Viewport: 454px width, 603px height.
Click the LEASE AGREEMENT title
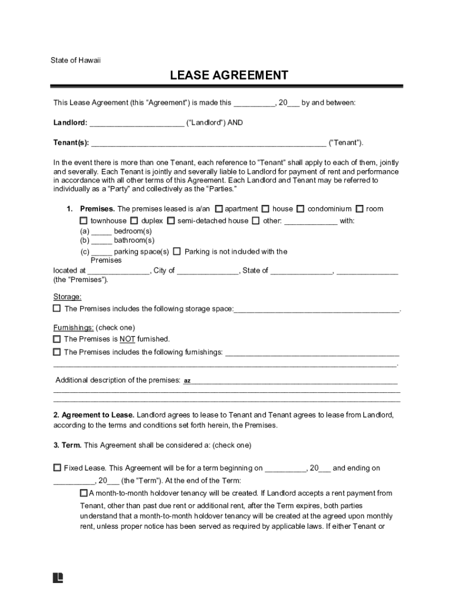click(x=229, y=75)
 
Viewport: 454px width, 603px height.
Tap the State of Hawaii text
click(x=75, y=60)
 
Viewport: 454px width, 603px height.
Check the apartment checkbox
click(x=219, y=208)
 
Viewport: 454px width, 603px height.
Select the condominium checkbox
click(x=301, y=208)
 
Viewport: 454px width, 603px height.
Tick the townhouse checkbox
click(x=84, y=221)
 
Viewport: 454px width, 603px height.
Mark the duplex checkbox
click(x=134, y=221)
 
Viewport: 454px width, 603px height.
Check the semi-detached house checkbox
click(x=171, y=221)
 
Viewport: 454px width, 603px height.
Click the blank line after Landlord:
click(x=137, y=123)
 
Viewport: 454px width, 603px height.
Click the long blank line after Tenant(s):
click(x=208, y=143)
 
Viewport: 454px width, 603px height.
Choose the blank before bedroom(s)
click(x=101, y=231)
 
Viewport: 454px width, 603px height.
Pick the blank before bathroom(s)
click(x=101, y=240)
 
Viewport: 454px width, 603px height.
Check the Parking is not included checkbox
click(x=177, y=251)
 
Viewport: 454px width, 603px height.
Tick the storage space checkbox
click(x=57, y=308)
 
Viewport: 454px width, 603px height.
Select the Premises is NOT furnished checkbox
click(x=57, y=339)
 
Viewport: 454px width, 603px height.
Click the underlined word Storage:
click(x=67, y=297)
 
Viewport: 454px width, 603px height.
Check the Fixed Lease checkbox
click(x=57, y=468)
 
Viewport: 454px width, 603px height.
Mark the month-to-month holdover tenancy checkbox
click(x=84, y=493)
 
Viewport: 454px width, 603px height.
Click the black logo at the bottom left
click(x=58, y=578)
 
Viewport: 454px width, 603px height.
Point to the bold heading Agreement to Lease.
click(x=97, y=415)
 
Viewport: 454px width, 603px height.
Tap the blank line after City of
click(x=208, y=271)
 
